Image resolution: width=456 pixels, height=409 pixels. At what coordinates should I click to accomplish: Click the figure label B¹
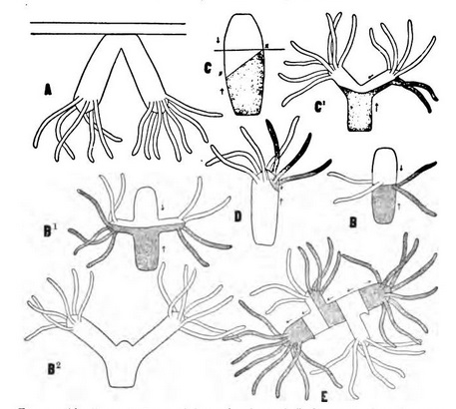click(51, 212)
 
